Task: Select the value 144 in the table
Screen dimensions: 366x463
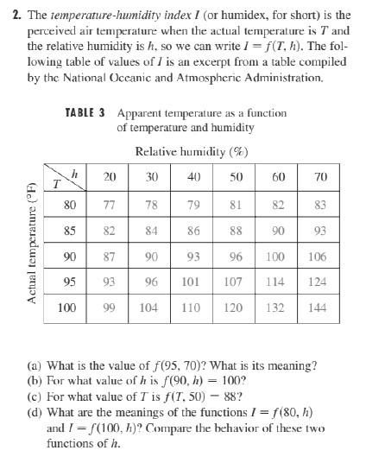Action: pyautogui.click(x=321, y=307)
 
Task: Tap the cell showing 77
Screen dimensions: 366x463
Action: pyautogui.click(x=110, y=205)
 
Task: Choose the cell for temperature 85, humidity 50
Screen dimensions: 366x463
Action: pyautogui.click(x=237, y=231)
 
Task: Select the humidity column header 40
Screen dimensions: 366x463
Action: pyautogui.click(x=193, y=177)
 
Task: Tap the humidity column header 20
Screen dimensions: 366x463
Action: pyautogui.click(x=110, y=177)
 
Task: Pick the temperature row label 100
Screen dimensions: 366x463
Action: pyautogui.click(x=66, y=307)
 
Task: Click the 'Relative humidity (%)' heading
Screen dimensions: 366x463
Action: pyautogui.click(x=192, y=152)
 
